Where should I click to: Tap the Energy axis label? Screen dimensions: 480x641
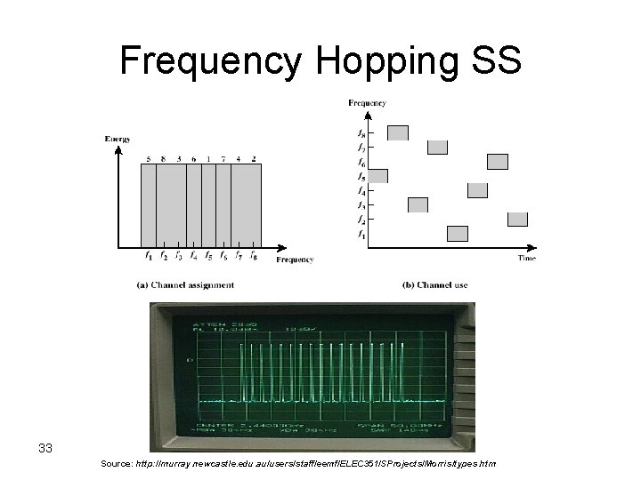(118, 139)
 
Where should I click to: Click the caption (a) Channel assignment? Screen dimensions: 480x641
(185, 285)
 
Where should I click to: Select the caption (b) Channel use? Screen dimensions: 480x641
(434, 285)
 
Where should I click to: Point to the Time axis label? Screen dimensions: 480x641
(527, 258)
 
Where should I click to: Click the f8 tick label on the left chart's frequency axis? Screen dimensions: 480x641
(254, 258)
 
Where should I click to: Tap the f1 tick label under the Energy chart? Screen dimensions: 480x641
(148, 258)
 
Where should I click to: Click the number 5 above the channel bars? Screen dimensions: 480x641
(148, 159)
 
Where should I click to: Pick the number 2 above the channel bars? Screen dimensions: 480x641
(254, 159)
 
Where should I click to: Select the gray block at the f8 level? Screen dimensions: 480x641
(398, 133)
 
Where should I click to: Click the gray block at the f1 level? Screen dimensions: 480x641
(458, 234)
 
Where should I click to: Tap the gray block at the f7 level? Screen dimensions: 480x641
(437, 148)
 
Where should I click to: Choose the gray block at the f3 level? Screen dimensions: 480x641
(418, 204)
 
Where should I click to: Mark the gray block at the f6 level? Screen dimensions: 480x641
(498, 162)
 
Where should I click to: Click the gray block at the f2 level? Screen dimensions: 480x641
(517, 219)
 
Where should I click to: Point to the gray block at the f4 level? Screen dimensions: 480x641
(478, 190)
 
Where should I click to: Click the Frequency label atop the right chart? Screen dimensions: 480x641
(367, 103)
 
